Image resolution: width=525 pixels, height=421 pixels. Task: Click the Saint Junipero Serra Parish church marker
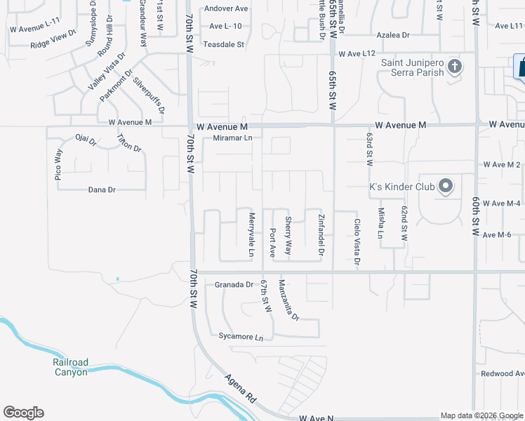(455, 67)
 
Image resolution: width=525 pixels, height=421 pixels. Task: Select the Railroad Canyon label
(71, 367)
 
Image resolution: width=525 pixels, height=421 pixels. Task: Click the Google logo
(23, 413)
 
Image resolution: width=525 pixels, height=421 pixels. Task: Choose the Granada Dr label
(234, 284)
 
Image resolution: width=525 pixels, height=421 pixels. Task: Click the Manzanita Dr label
(288, 300)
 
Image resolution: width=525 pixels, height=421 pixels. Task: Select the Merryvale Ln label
(251, 234)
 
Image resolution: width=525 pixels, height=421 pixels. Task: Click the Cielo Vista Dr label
(357, 241)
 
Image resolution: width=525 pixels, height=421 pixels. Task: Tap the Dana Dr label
(102, 189)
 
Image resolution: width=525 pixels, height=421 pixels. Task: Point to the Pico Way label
(58, 165)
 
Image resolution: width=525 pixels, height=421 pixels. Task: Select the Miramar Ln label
(232, 138)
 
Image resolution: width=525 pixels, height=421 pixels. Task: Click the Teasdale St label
(224, 44)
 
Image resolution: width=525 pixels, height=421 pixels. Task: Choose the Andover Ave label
(226, 9)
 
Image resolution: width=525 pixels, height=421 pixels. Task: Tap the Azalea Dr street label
(393, 34)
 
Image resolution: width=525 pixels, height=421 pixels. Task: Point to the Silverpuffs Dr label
(148, 95)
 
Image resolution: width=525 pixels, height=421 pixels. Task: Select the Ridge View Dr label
(53, 41)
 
